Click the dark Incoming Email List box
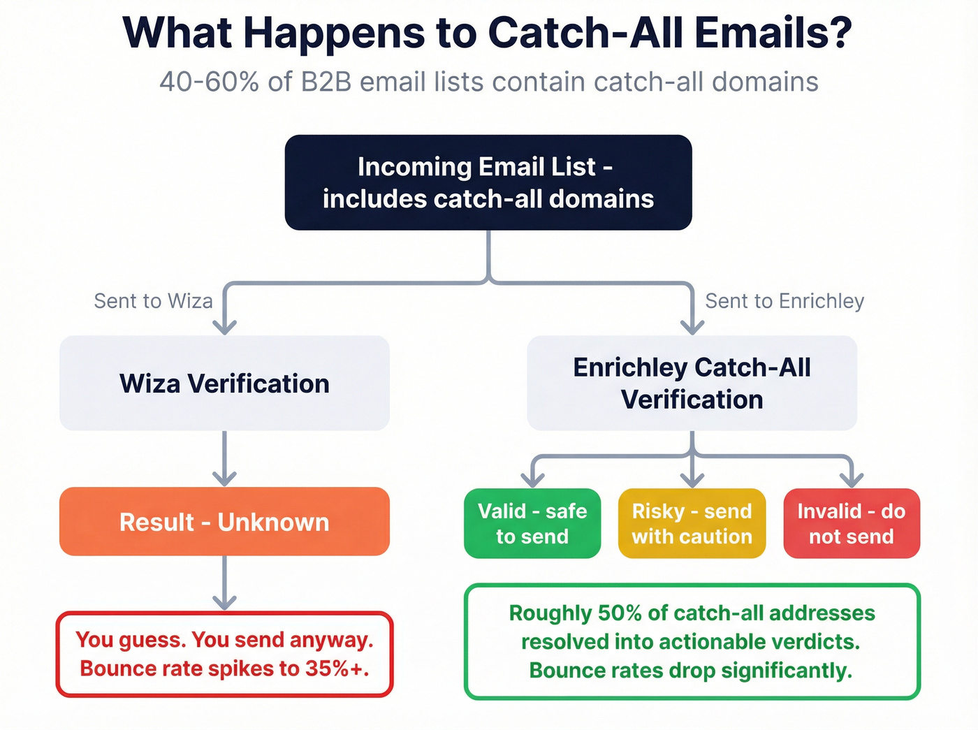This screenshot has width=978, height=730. pyautogui.click(x=488, y=182)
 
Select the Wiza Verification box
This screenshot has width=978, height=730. pyautogui.click(x=224, y=384)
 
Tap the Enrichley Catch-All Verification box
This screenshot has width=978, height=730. pyautogui.click(x=692, y=384)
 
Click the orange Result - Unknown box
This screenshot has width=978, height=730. pyautogui.click(x=224, y=522)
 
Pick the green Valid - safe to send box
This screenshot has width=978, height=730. pyautogui.click(x=532, y=523)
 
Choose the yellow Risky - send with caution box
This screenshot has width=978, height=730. pyautogui.click(x=692, y=523)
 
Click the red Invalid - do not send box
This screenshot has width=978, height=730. pyautogui.click(x=852, y=523)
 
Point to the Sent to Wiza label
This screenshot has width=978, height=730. pyautogui.click(x=153, y=301)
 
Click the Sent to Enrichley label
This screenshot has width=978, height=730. pyautogui.click(x=784, y=301)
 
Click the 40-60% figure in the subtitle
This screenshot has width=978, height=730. pyautogui.click(x=209, y=82)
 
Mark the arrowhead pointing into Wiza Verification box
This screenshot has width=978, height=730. pyautogui.click(x=224, y=327)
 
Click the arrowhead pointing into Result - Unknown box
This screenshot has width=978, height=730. pyautogui.click(x=224, y=479)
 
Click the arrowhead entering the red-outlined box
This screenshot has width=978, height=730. pyautogui.click(x=224, y=602)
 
